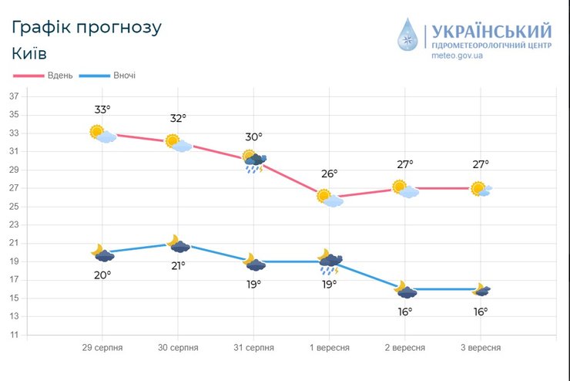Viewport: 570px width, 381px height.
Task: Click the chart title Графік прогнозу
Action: (x=87, y=27)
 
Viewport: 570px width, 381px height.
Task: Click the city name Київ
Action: (x=29, y=54)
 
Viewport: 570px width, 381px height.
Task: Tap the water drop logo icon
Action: (x=408, y=35)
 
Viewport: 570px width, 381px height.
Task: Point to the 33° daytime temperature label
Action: (x=102, y=110)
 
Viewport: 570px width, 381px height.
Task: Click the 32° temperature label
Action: (x=178, y=119)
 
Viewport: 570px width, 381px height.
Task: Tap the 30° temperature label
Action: (x=253, y=137)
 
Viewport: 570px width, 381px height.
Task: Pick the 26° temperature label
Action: (x=329, y=174)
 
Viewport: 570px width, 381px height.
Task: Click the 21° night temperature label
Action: (x=178, y=266)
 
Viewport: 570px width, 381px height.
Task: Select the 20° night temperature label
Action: (x=102, y=275)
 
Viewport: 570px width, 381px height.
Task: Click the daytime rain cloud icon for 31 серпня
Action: (x=254, y=162)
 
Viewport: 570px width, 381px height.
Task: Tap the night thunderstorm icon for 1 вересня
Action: (x=330, y=262)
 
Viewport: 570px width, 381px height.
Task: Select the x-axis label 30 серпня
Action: (x=178, y=348)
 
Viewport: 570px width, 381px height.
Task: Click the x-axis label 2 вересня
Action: (x=404, y=348)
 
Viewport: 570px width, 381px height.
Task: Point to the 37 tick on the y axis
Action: (x=14, y=96)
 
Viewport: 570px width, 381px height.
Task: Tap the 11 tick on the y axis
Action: (x=14, y=335)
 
